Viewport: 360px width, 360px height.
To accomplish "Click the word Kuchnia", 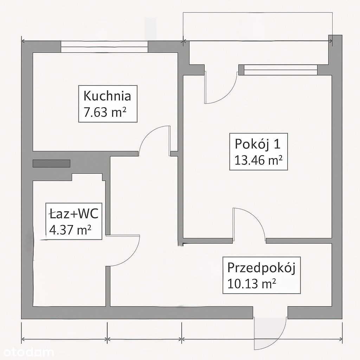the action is [107, 96].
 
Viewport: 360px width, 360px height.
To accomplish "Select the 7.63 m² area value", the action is [105, 112].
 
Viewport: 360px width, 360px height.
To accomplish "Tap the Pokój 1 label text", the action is [258, 144].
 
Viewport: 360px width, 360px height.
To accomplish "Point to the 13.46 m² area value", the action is [258, 160].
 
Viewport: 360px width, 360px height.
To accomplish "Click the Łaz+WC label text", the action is [74, 214].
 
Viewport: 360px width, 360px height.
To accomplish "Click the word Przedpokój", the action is [261, 268].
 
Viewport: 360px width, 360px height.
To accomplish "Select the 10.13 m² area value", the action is [252, 284].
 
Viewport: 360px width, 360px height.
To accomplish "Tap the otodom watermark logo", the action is [27, 352].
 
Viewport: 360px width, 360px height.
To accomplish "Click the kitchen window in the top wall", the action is [104, 47].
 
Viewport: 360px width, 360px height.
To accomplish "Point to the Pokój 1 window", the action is [281, 70].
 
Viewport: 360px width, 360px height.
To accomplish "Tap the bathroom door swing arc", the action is [131, 257].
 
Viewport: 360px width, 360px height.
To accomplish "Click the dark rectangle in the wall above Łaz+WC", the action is [51, 163].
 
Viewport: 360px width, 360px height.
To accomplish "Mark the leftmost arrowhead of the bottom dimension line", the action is [23, 339].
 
